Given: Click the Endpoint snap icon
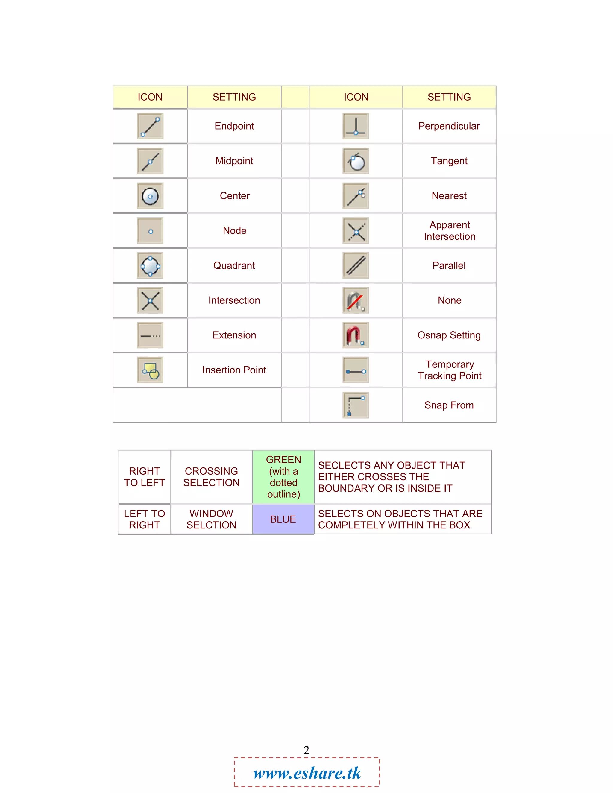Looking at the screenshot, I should click(150, 126).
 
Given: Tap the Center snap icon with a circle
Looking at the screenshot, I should click(150, 196).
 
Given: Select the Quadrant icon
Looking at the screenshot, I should click(150, 266).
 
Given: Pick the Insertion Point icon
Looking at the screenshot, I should click(150, 370).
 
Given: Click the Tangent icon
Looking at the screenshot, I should click(356, 161).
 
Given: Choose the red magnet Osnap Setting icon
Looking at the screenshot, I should click(356, 335).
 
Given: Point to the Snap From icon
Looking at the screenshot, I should click(356, 405).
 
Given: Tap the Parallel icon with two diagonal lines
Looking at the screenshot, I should click(356, 265).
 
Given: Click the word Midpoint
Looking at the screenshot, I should click(234, 161).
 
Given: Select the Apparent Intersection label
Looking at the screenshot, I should click(449, 230).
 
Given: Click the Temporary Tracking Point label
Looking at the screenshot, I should click(449, 370).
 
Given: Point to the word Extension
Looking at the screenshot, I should click(234, 335).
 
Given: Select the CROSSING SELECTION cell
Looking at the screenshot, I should click(211, 477).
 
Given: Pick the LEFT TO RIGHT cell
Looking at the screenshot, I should click(145, 519).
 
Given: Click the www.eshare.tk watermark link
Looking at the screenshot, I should click(307, 773).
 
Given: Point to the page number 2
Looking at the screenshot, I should click(306, 750).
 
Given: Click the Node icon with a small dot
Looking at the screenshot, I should click(150, 231).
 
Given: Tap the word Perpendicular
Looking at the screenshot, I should click(449, 126).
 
